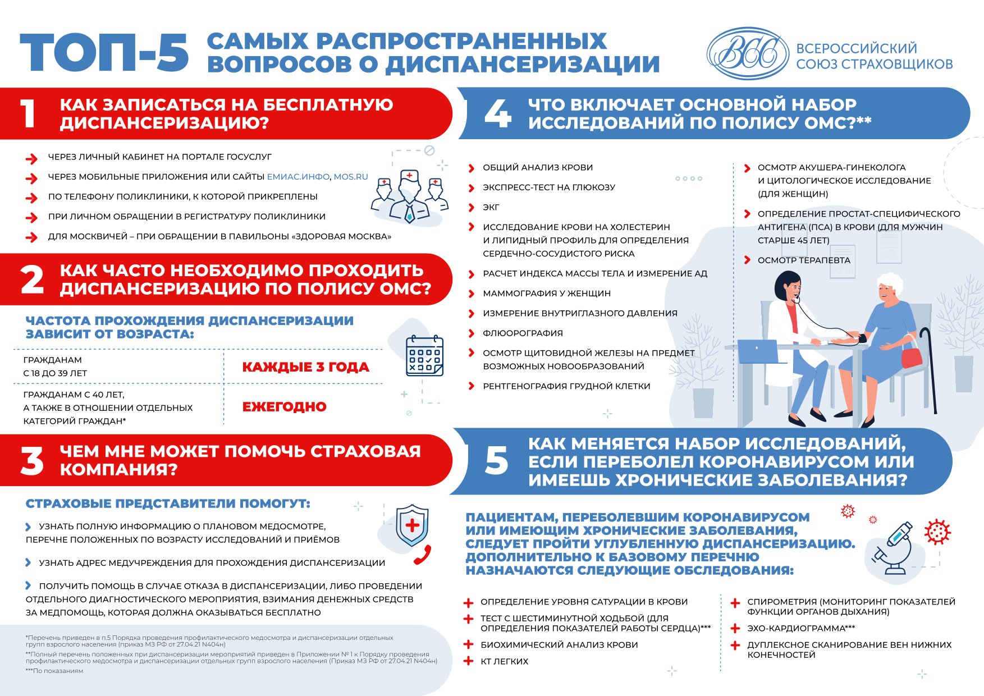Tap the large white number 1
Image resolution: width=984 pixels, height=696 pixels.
tap(28, 114)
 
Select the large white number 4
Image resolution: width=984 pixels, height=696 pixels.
tap(497, 114)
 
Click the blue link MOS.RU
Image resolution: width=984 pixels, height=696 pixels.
tap(351, 177)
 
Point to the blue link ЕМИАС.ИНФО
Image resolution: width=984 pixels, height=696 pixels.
tap(298, 177)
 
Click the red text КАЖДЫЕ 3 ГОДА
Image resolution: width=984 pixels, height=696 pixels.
tap(305, 367)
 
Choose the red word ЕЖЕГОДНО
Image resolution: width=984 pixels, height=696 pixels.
tap(284, 407)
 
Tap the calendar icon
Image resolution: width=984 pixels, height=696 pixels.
tap(424, 356)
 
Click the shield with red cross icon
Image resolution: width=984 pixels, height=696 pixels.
tap(412, 525)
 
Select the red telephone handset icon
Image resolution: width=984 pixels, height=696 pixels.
tap(422, 555)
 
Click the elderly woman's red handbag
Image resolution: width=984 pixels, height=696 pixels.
tap(911, 356)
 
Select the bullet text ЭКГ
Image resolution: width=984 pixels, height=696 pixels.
tap(491, 208)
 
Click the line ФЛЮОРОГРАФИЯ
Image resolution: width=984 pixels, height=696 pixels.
tap(523, 333)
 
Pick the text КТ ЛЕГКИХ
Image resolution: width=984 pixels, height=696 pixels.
tap(504, 662)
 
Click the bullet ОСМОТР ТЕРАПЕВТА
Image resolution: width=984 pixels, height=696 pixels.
tap(803, 260)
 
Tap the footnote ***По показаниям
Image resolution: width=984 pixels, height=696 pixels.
tap(54, 671)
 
